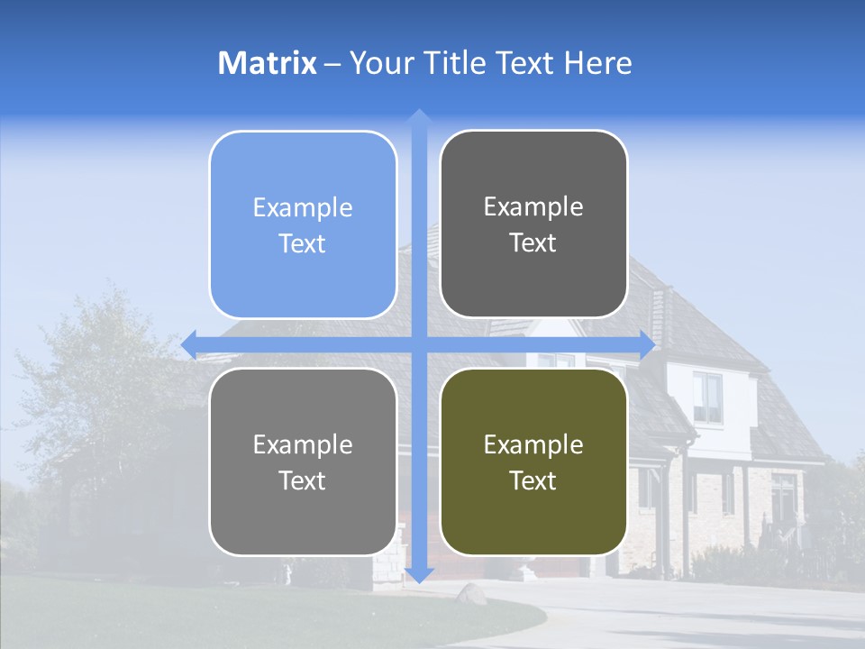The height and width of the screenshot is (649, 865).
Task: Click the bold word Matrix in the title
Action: click(268, 63)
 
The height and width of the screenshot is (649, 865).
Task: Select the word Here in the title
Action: click(597, 63)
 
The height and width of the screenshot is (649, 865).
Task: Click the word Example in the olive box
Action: click(533, 444)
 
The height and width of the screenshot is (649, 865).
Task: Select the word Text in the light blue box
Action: click(303, 244)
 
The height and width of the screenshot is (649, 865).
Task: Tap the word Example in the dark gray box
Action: click(533, 207)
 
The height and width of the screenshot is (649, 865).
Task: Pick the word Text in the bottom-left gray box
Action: click(303, 480)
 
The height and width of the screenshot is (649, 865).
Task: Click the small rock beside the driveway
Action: click(471, 593)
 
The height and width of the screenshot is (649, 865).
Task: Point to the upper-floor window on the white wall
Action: click(707, 397)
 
